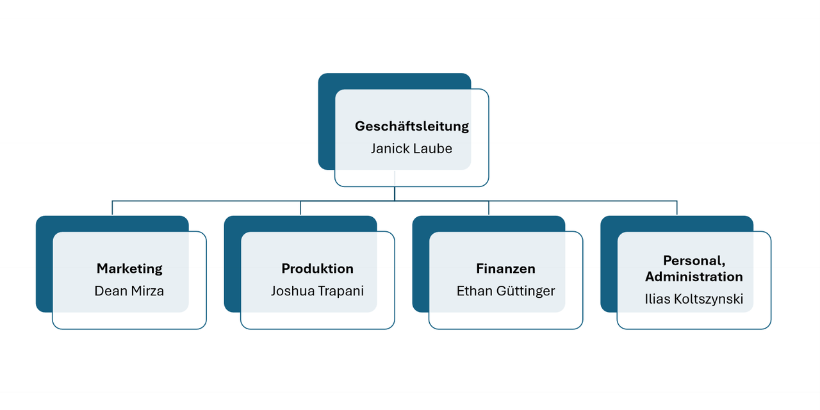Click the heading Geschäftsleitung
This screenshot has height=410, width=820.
click(x=412, y=126)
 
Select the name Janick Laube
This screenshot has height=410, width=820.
click(x=411, y=149)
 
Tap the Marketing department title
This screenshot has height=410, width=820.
click(x=129, y=268)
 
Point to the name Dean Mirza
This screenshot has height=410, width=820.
click(x=129, y=291)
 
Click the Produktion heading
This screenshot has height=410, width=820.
click(x=317, y=268)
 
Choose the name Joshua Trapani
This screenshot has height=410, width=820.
click(x=317, y=291)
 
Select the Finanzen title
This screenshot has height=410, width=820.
click(x=505, y=268)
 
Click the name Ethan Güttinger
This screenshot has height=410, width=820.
click(x=505, y=291)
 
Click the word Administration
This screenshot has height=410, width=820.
click(x=694, y=277)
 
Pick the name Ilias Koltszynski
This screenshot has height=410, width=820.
click(x=694, y=299)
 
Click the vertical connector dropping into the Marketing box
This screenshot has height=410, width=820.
click(x=112, y=208)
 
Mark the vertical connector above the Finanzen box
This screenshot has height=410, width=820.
click(x=489, y=208)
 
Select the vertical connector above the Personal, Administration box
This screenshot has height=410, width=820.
click(x=677, y=208)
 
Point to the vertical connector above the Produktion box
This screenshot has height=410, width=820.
click(x=300, y=208)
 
